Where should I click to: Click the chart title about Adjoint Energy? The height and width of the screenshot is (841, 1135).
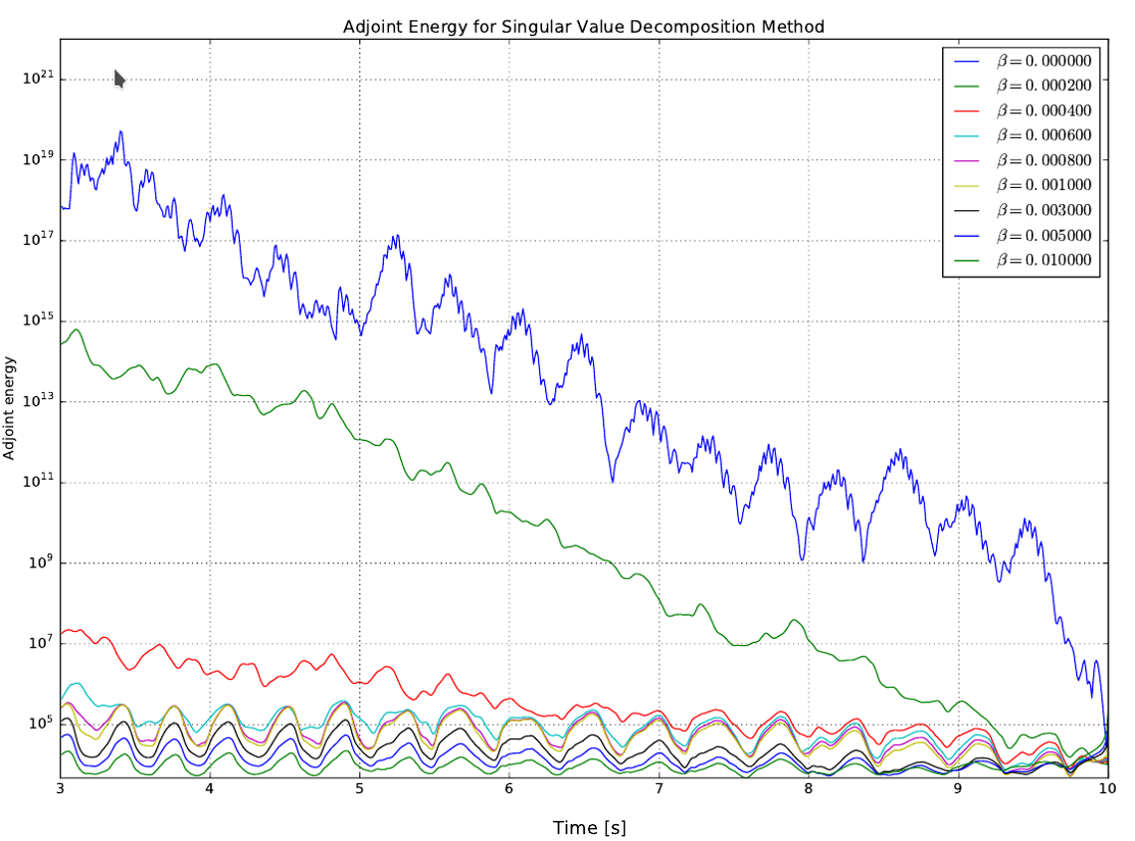[583, 26]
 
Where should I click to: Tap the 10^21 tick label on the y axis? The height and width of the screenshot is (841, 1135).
[37, 80]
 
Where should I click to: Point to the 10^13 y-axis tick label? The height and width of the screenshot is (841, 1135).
[37, 402]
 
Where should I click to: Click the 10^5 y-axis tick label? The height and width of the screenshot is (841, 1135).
[40, 724]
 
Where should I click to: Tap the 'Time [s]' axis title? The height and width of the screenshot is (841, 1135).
[589, 827]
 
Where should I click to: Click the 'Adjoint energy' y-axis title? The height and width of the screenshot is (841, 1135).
[10, 408]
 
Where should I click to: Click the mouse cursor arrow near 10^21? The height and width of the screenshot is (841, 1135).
[119, 79]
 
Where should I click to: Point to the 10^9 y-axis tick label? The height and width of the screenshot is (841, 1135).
[40, 563]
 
